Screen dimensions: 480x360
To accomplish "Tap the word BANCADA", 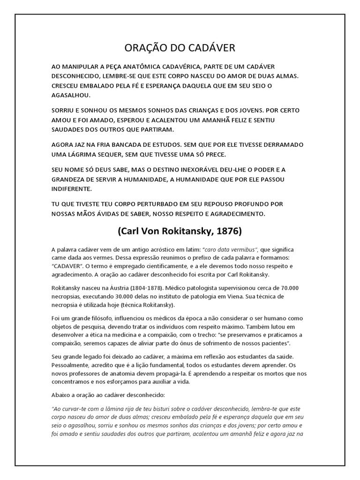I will (134, 145).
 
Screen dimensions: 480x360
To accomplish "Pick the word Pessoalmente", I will (72, 364).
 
